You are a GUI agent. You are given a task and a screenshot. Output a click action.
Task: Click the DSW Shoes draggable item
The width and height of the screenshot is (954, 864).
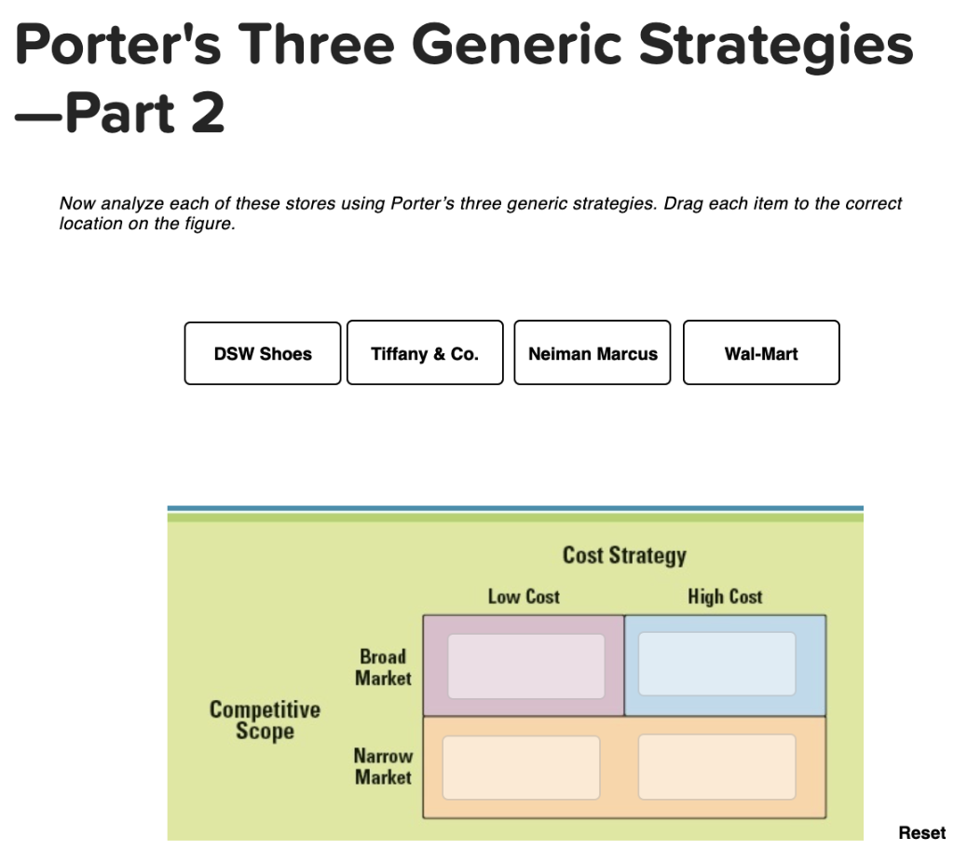263,353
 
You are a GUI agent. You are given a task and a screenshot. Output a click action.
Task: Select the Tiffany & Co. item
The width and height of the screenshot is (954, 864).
425,353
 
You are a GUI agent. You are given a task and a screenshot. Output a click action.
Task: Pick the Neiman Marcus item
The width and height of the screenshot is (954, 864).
593,353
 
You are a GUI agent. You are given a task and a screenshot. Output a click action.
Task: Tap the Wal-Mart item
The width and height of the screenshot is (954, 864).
761,353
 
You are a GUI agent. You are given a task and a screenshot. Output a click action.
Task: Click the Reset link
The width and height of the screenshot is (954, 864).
921,832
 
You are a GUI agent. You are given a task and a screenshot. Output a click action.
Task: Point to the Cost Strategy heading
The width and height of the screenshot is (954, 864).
624,555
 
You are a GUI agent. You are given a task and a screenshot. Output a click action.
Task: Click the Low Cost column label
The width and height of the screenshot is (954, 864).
524,597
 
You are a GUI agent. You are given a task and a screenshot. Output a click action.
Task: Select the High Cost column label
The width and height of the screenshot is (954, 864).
725,597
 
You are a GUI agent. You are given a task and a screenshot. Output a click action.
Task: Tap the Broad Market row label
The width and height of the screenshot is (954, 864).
383,667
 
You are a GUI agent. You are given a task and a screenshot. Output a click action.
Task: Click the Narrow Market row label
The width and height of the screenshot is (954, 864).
383,766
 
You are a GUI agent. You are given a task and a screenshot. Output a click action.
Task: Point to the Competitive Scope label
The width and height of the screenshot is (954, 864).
265,720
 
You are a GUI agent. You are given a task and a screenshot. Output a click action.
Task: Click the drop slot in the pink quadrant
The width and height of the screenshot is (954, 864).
525,666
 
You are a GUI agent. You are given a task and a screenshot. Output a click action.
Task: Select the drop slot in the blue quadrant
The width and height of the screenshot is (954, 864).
717,664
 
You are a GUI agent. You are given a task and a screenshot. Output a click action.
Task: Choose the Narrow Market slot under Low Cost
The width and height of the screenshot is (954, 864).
521,767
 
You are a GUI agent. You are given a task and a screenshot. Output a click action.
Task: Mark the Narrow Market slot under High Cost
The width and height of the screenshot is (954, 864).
717,767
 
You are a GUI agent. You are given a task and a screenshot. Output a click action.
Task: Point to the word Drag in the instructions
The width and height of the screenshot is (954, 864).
681,203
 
